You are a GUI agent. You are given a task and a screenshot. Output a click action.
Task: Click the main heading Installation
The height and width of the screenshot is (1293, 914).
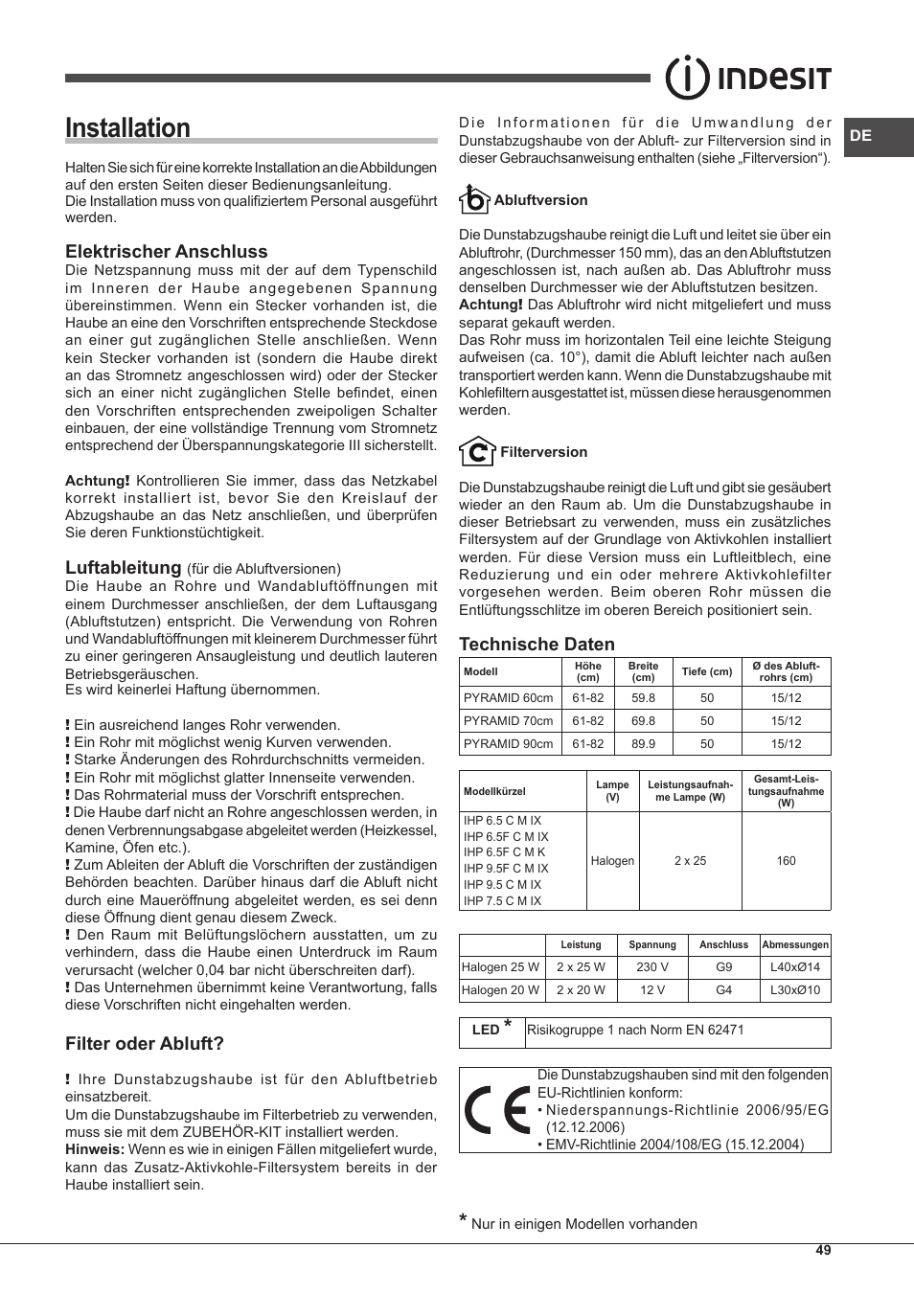coord(127,128)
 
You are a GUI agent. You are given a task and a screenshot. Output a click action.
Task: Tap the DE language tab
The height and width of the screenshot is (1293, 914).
coord(860,136)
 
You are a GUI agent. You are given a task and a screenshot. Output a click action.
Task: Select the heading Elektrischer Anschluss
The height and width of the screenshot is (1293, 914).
coord(166,252)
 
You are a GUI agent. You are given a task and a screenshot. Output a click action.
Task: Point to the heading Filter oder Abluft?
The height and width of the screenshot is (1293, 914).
coord(144,1044)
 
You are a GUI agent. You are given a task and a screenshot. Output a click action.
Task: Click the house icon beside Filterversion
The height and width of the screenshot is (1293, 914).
coord(476,451)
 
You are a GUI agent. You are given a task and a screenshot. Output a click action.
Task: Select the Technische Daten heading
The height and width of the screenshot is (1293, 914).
coord(537,645)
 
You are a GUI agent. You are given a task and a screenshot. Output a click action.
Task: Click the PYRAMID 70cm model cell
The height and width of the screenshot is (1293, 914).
coord(509,721)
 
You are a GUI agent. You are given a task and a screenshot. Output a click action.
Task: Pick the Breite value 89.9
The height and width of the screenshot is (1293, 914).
coord(643,744)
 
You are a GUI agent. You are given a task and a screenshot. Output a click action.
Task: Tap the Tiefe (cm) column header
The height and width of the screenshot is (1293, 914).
coord(706,671)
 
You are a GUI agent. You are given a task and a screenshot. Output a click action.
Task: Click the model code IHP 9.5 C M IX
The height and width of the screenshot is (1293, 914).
coord(502,885)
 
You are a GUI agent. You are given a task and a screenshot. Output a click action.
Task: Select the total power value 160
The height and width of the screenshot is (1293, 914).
coord(786,861)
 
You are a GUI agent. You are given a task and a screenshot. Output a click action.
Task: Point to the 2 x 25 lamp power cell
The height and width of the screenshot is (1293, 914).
coord(690,861)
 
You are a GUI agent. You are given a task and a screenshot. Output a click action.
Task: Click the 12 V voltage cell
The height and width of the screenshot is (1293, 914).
coord(651,990)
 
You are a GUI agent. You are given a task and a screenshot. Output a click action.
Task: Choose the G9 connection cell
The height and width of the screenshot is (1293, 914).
coord(723,967)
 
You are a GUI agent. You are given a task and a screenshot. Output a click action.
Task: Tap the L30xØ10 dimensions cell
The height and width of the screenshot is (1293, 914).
coord(794,990)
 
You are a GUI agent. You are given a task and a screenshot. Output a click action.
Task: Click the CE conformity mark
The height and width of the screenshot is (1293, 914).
coord(496,1110)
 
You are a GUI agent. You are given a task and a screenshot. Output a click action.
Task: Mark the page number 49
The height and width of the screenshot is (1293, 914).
coord(823,1251)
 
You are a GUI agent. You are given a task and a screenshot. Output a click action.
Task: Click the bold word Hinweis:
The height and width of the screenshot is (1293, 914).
coord(94,1150)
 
